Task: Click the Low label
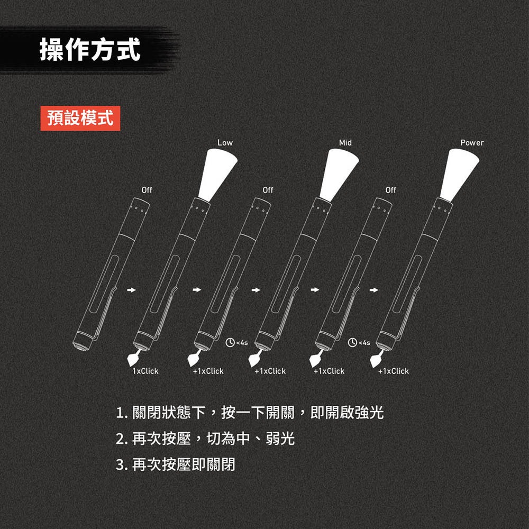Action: tap(225, 143)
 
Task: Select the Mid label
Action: tap(345, 143)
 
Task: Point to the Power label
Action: tap(472, 143)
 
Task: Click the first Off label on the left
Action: tap(147, 190)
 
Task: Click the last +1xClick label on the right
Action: tap(393, 371)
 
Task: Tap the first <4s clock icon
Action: tap(231, 342)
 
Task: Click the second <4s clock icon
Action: tap(352, 342)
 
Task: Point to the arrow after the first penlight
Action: tap(132, 290)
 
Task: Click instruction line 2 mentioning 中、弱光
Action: tap(205, 439)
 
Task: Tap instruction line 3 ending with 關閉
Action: tap(176, 465)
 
